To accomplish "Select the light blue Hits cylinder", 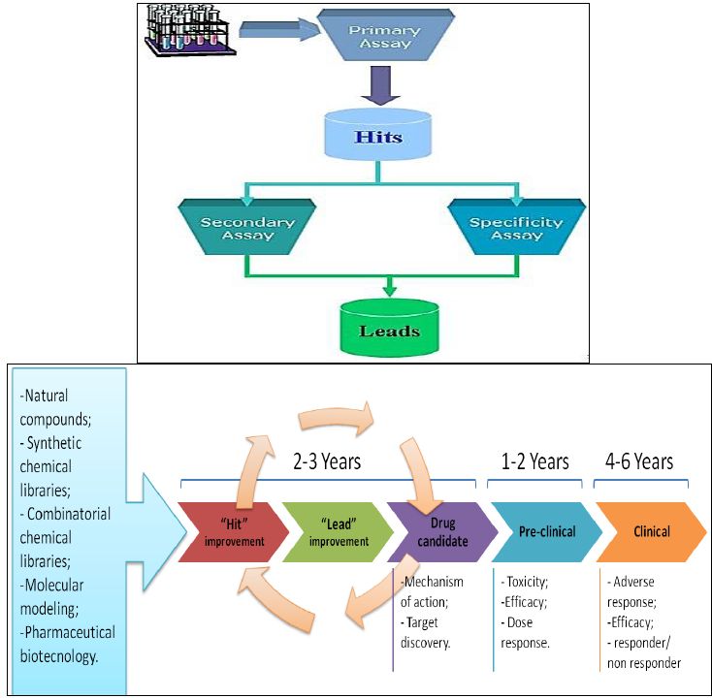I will [377, 138].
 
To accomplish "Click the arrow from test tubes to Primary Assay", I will [278, 31].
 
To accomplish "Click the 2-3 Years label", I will [327, 461].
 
